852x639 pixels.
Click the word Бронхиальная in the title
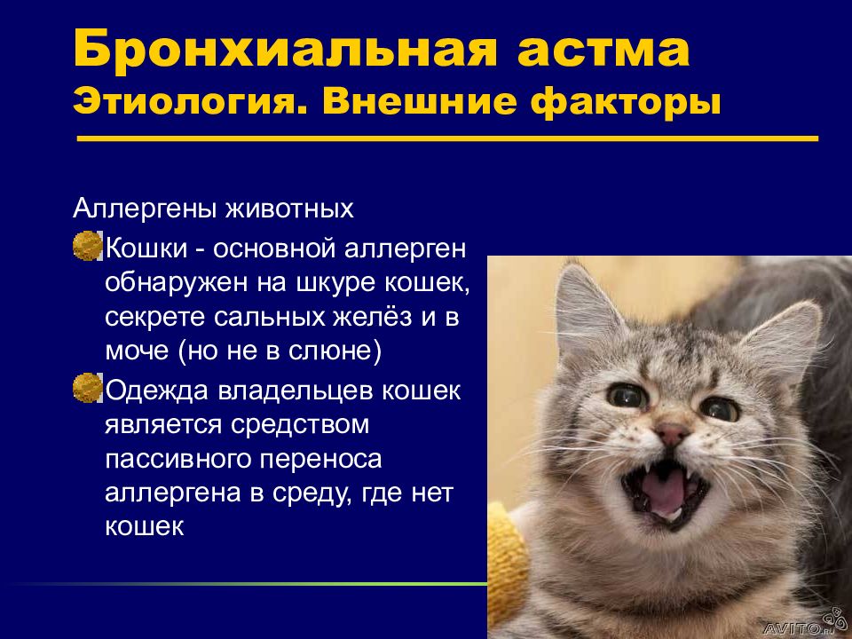point(285,48)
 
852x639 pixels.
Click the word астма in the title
point(603,51)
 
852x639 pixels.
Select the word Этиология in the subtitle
point(188,102)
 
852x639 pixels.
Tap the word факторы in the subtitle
point(625,103)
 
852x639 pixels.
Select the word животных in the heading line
point(289,208)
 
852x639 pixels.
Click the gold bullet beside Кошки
point(87,246)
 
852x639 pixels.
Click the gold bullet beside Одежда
point(87,388)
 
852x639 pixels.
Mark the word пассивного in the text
point(178,459)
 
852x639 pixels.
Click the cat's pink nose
point(671,434)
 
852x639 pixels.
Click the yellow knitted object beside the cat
point(507,565)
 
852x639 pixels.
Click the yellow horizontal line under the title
point(447,138)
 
